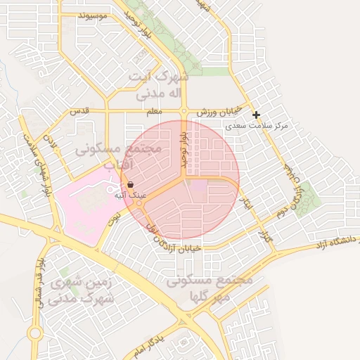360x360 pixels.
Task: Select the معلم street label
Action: (x=155, y=111)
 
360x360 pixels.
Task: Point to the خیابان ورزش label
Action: (x=219, y=112)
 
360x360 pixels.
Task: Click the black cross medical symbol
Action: (x=256, y=115)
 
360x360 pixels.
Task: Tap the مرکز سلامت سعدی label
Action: (x=257, y=126)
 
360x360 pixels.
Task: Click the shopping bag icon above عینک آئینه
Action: (x=131, y=184)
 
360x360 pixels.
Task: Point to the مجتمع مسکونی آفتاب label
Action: (x=118, y=157)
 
